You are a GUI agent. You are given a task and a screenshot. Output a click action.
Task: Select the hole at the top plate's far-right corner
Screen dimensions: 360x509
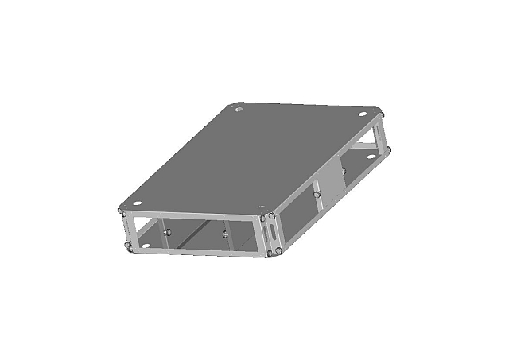point(363,114)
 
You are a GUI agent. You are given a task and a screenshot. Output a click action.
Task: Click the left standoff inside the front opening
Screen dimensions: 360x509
point(168,231)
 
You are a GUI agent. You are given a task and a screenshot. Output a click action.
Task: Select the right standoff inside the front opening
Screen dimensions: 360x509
point(226,234)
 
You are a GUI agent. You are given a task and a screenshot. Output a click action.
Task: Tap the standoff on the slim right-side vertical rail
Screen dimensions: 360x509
point(317,194)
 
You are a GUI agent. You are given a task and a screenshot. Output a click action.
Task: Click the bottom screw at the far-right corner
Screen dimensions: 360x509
point(389,149)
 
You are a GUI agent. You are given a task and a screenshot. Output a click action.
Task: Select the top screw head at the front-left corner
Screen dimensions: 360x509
point(122,211)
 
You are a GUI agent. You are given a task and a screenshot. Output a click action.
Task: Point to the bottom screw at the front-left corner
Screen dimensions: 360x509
point(128,248)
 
